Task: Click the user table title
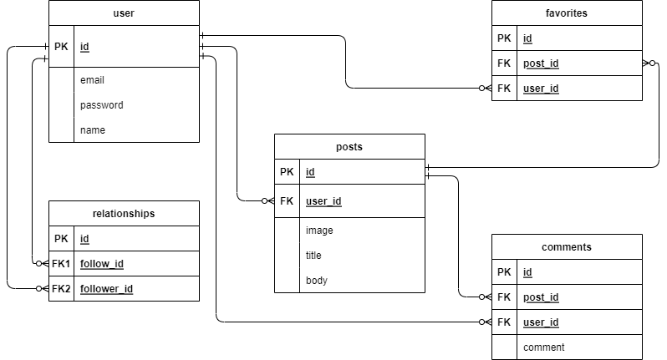[124, 13]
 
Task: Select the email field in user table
[92, 80]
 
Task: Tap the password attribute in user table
[101, 105]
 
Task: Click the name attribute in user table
[93, 130]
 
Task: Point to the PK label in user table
[61, 47]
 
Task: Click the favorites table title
[566, 13]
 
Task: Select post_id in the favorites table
[541, 63]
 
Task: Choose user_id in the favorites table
[541, 89]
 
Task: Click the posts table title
[349, 147]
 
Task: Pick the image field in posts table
[318, 231]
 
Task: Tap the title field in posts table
[313, 256]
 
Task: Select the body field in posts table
[316, 281]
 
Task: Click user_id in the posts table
[323, 201]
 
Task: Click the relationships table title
[124, 214]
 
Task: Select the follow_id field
[102, 264]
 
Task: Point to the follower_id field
[106, 289]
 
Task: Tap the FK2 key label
[61, 289]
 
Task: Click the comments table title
[566, 247]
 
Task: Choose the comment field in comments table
[543, 347]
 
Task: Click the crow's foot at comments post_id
[484, 297]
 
